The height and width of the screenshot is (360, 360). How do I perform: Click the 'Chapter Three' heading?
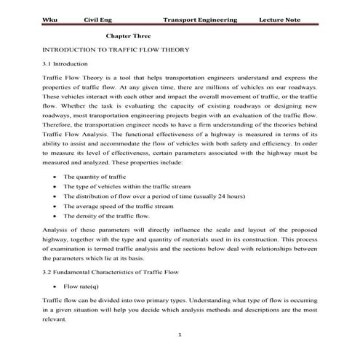(x=129, y=35)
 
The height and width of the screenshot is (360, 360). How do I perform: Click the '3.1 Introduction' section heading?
(x=65, y=64)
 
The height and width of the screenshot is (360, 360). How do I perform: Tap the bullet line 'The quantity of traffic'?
(x=92, y=177)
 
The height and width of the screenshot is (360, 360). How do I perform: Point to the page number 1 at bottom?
(x=180, y=335)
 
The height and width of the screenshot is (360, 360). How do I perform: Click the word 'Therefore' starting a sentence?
(x=58, y=124)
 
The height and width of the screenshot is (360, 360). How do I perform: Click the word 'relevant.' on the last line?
(x=56, y=319)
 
